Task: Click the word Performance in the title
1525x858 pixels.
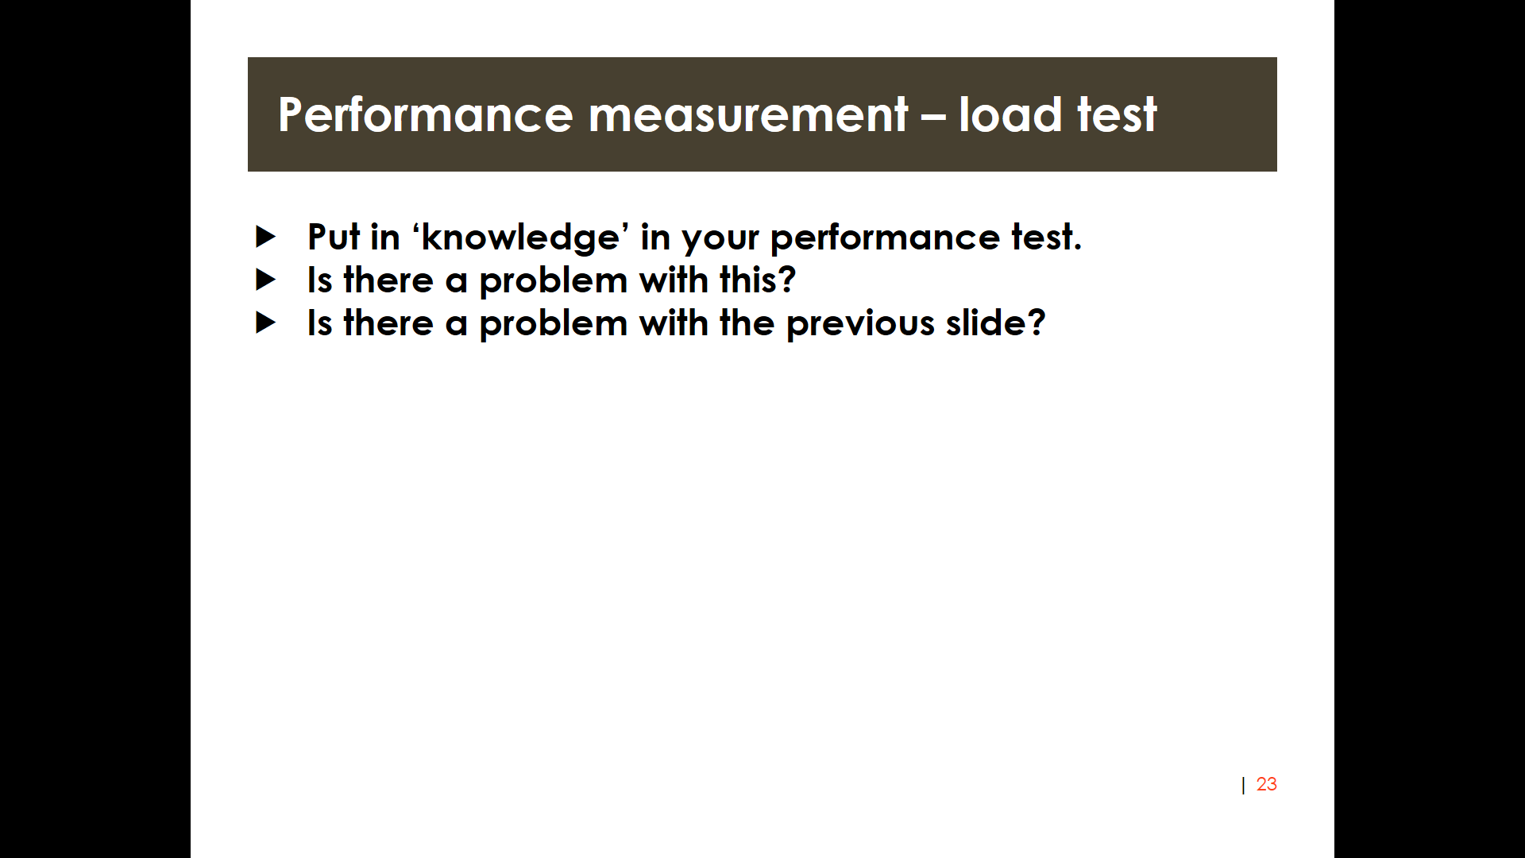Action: [426, 114]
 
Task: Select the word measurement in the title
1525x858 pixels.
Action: [747, 116]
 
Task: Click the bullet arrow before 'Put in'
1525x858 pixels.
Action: [265, 236]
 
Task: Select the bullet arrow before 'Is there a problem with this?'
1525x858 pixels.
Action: [265, 280]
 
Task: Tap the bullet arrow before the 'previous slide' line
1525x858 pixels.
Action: [265, 323]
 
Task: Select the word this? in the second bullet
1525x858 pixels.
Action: [758, 280]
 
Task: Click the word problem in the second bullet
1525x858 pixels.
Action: [554, 281]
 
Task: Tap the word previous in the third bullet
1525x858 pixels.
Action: [860, 324]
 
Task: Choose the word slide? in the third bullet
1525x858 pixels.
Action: [995, 323]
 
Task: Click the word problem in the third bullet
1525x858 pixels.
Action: [554, 324]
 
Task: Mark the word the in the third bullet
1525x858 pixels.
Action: [747, 323]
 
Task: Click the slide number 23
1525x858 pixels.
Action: [1266, 784]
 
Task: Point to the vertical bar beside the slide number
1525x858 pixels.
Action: [1243, 785]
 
